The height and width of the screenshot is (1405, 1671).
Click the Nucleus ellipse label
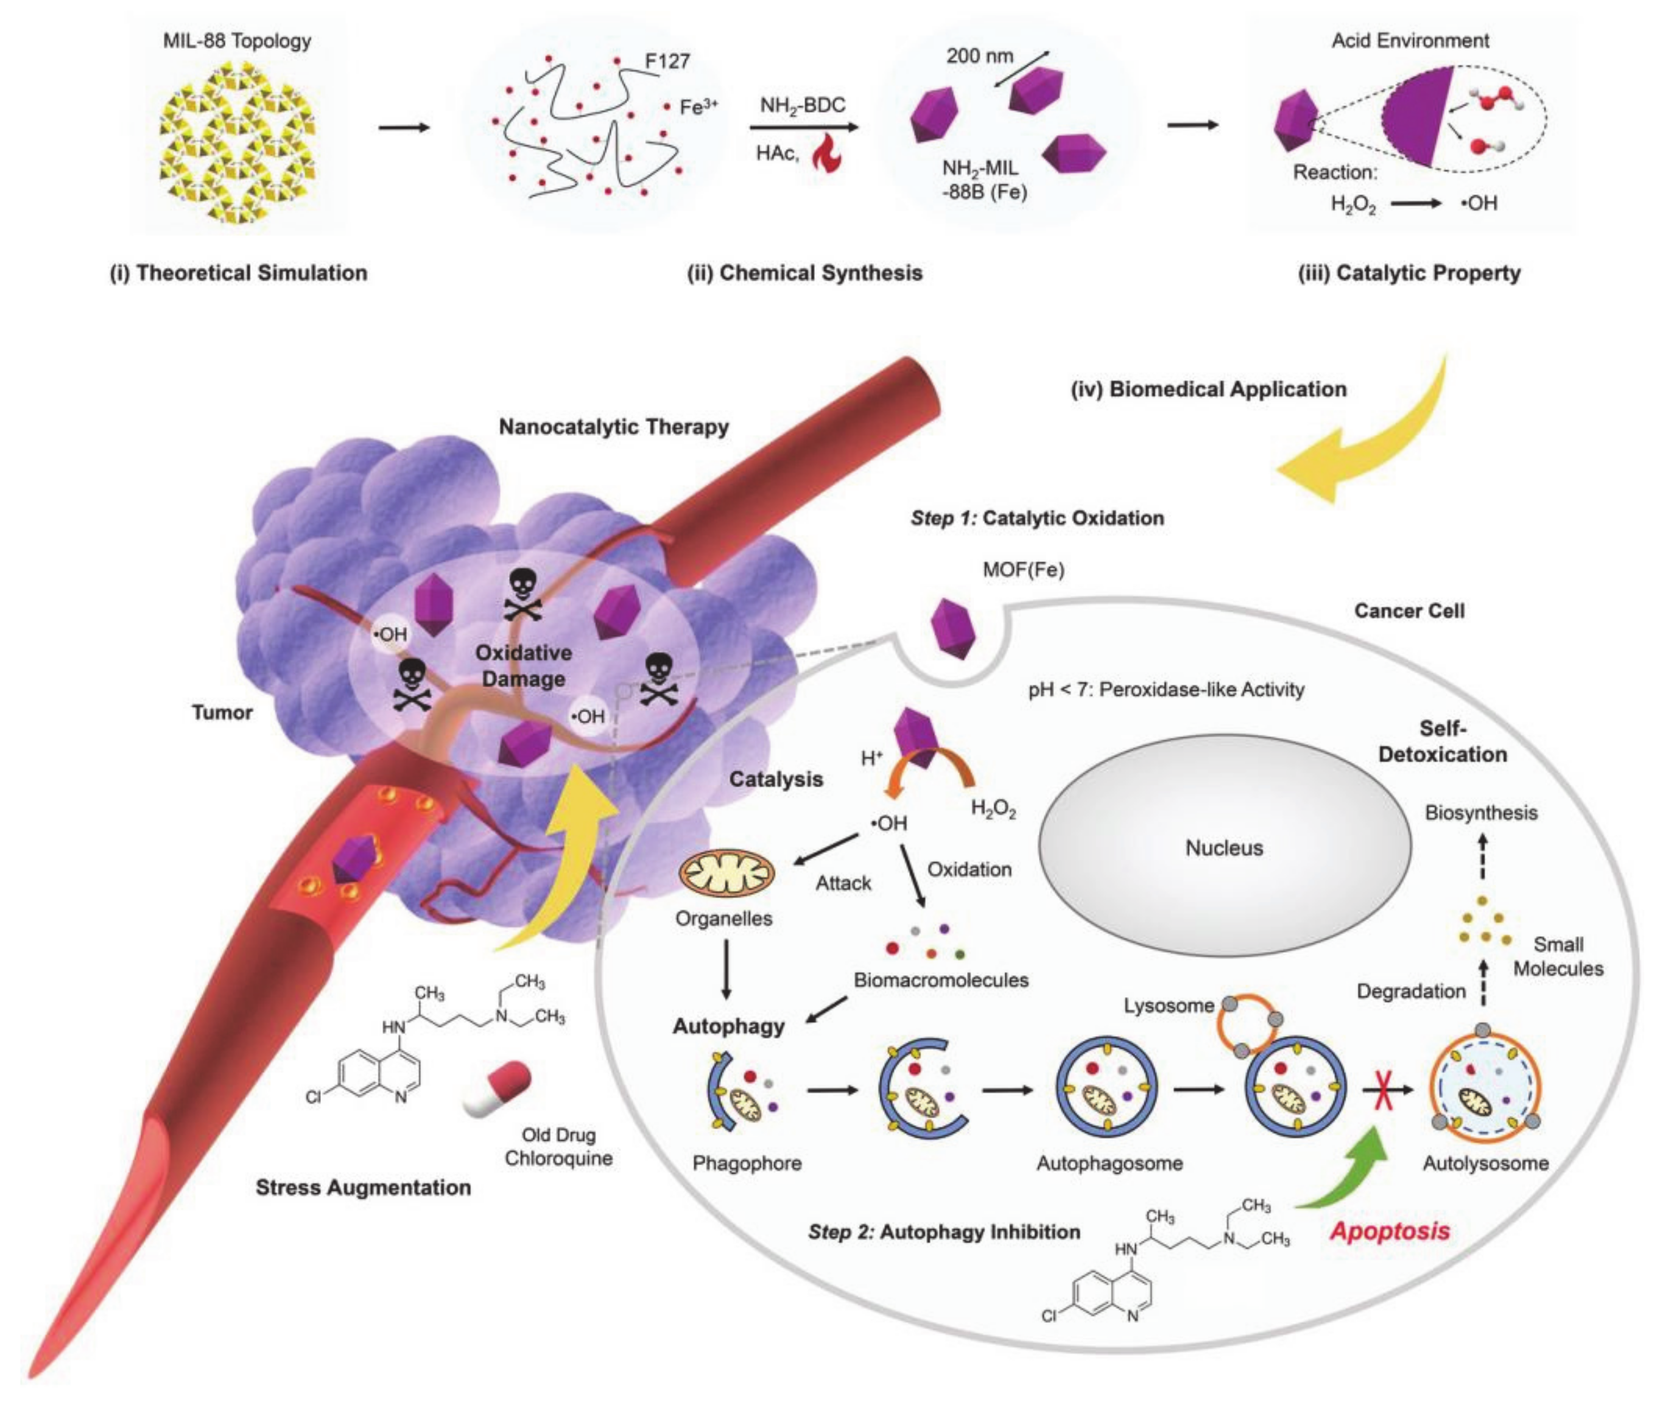[1223, 848]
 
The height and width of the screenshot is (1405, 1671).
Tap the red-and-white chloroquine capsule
[496, 1089]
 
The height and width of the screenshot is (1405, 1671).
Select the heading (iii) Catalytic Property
[1409, 273]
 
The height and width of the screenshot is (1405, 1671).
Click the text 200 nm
[979, 56]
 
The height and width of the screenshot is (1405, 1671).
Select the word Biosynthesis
[1482, 813]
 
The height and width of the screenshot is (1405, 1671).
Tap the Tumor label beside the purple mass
[222, 712]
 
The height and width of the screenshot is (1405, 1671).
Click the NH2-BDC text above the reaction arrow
[803, 105]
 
